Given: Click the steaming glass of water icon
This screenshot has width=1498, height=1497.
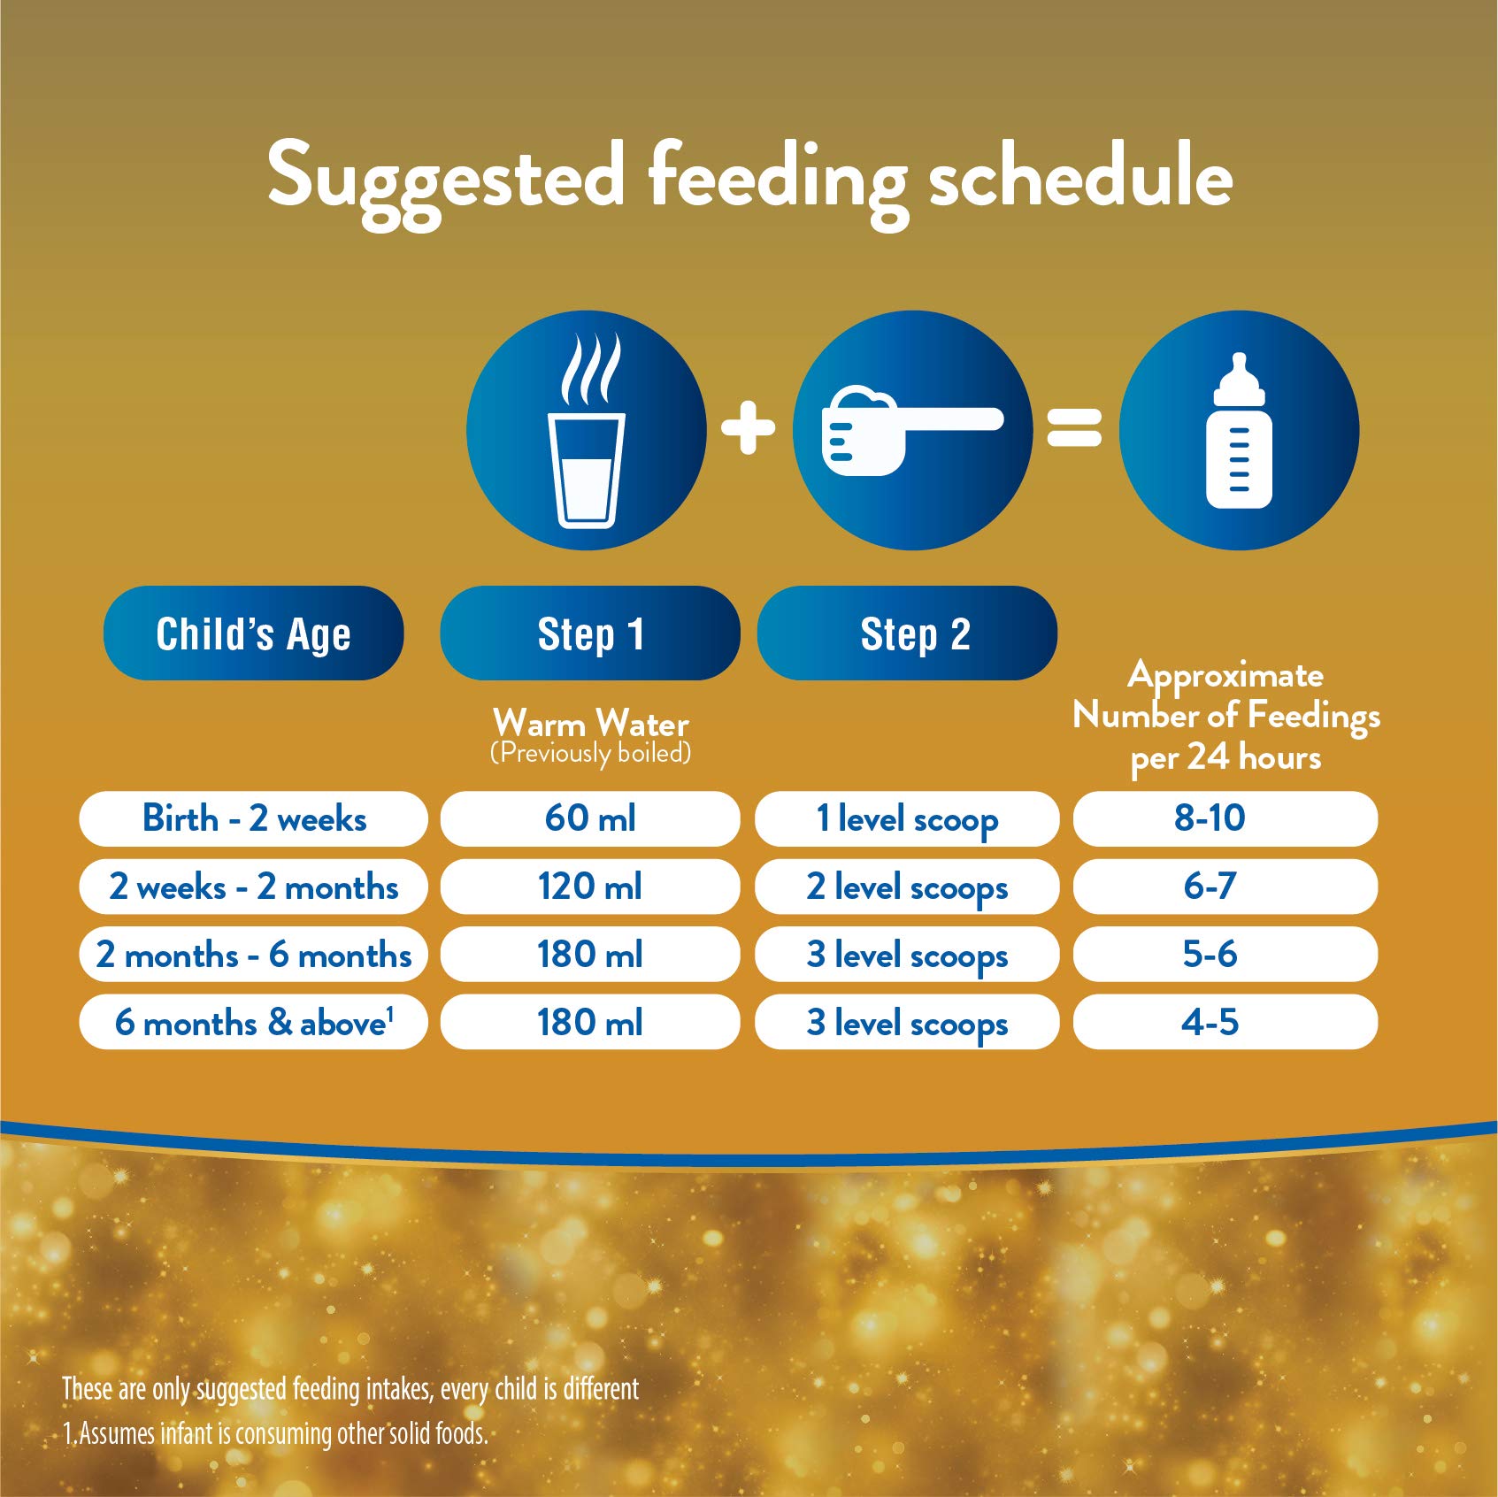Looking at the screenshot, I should click(586, 431).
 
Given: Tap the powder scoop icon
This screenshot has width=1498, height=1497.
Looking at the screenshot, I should click(911, 431).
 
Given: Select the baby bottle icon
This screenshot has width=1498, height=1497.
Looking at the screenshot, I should click(1239, 431).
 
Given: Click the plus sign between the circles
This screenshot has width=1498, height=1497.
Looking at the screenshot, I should click(749, 427).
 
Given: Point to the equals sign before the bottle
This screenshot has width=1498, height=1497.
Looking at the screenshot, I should click(1074, 427).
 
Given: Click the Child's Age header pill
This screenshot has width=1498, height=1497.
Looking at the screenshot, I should click(253, 633).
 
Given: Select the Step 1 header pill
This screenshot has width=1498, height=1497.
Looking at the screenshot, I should click(590, 633).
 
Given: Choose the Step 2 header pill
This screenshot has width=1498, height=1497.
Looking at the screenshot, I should click(907, 633).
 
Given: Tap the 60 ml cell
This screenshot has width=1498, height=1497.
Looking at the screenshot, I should click(590, 818).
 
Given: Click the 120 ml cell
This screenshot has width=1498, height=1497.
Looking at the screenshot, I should click(590, 887).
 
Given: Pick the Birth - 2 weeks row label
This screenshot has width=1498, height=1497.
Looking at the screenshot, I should click(254, 818).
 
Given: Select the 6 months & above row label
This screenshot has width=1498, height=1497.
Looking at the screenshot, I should click(254, 1023).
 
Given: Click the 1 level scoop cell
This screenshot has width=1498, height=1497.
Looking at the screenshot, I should click(907, 818).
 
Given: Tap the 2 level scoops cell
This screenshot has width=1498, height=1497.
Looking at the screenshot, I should click(907, 887).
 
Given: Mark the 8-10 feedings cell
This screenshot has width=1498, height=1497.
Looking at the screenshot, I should click(1225, 818).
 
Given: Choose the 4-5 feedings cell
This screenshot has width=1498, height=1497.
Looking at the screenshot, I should click(1225, 1023).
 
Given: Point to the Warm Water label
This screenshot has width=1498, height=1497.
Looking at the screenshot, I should click(590, 724).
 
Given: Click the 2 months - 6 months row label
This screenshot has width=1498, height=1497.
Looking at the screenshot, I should click(254, 955).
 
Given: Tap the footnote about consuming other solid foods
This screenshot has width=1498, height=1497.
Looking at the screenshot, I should click(275, 1433).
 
